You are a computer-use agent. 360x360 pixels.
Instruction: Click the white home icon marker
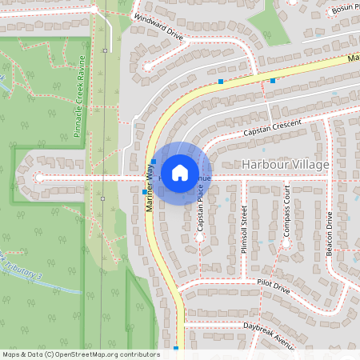click(x=180, y=172)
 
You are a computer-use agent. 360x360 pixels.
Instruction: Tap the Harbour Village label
click(x=285, y=165)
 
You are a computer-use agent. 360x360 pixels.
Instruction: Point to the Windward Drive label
click(x=158, y=27)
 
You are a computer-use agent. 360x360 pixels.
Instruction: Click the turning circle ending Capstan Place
click(x=199, y=238)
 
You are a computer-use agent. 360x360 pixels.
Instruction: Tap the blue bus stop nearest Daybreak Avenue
click(x=176, y=348)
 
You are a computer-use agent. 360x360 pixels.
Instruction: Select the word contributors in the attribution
click(x=138, y=354)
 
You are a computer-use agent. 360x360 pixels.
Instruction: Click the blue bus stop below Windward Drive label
click(x=221, y=82)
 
